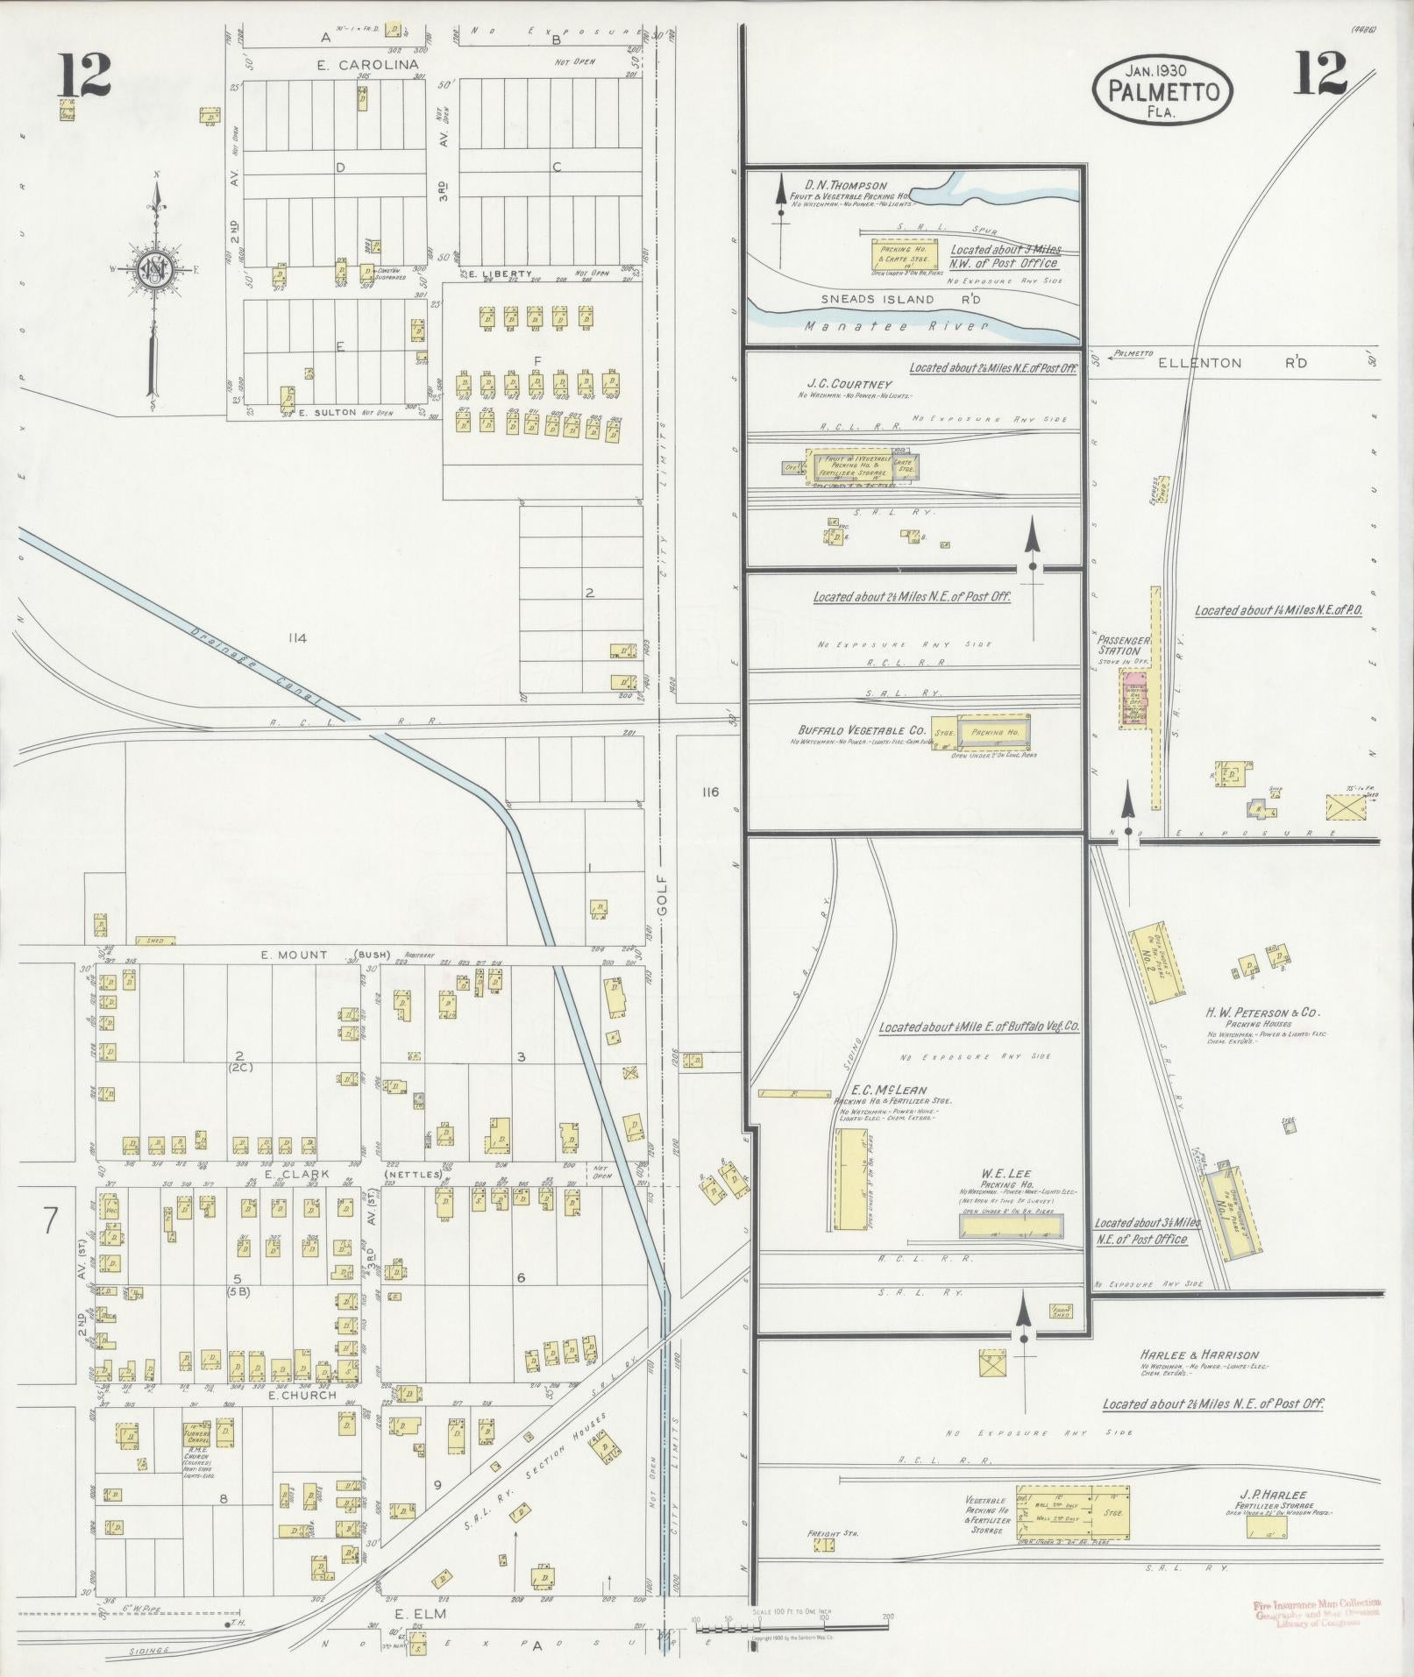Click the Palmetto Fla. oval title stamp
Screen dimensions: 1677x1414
1162,90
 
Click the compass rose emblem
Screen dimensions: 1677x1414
155,267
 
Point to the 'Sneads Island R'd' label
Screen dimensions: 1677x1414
900,300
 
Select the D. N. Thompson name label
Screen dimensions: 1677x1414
845,186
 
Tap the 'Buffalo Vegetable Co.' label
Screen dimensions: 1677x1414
862,729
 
